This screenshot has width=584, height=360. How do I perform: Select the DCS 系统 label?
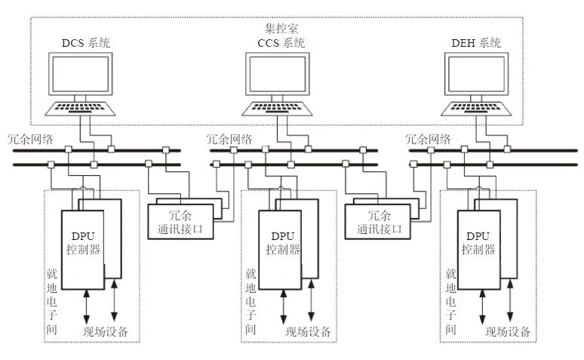[85, 43]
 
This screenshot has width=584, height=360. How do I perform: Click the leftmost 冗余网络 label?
[31, 139]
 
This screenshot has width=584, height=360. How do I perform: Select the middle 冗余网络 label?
[229, 139]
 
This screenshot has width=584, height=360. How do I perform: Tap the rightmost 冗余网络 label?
[429, 139]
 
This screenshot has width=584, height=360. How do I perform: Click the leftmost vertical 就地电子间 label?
[51, 301]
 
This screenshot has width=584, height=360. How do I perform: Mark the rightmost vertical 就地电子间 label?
[450, 301]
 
